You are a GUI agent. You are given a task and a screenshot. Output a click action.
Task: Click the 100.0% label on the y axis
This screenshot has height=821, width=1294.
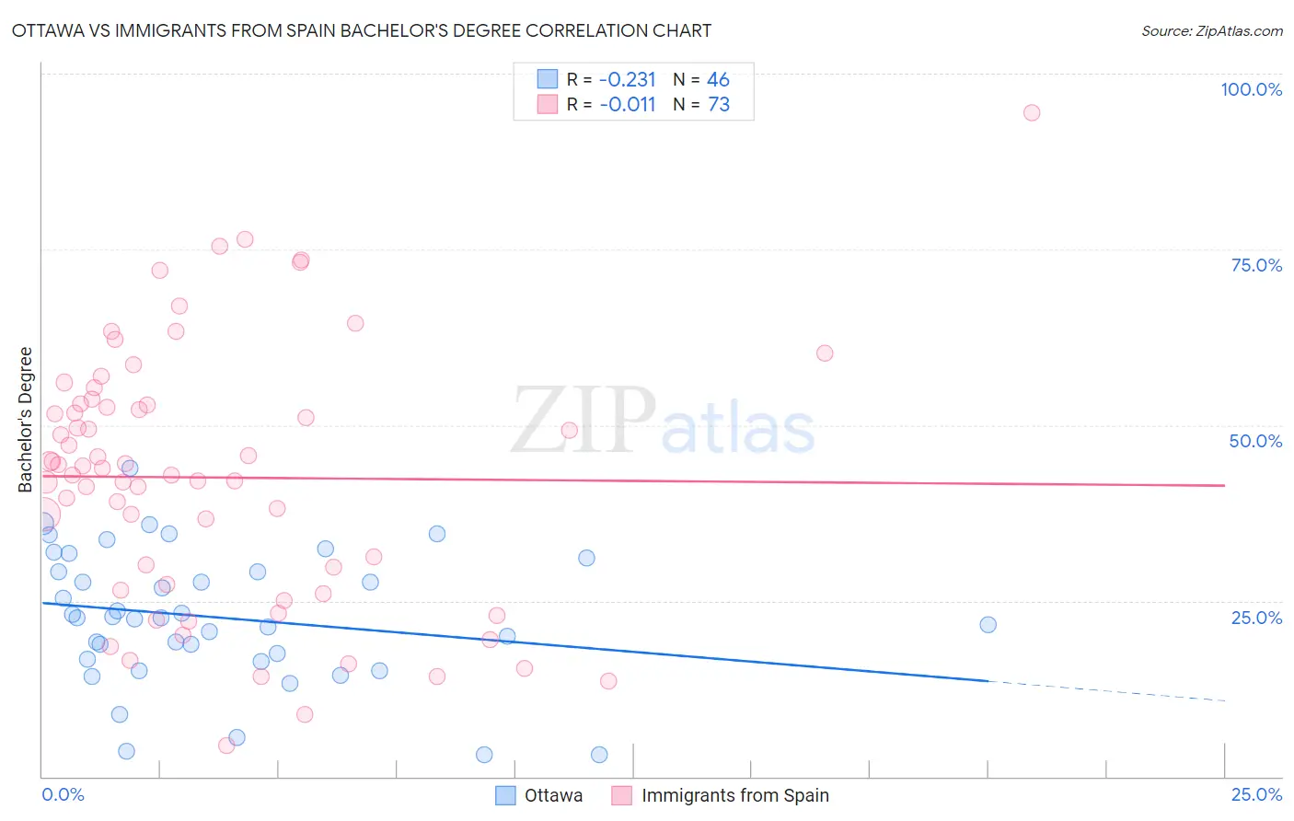(x=1251, y=89)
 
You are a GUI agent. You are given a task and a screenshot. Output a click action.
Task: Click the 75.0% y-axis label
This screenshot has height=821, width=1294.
(x=1256, y=265)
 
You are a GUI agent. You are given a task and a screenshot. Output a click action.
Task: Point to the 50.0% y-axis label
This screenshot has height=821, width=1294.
(x=1255, y=441)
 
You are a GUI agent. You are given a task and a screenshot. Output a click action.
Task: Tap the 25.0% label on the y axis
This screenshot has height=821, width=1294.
(x=1256, y=617)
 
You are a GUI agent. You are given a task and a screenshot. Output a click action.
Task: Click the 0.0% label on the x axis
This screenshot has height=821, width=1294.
(x=63, y=794)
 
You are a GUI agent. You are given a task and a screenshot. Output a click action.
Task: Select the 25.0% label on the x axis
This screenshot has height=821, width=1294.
(x=1256, y=794)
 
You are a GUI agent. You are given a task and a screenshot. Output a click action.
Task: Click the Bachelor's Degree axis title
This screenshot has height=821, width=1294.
(x=26, y=420)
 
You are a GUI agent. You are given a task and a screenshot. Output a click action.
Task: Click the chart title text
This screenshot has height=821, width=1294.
(x=362, y=30)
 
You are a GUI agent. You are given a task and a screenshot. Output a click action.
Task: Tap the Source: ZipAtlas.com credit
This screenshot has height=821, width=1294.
(x=1211, y=30)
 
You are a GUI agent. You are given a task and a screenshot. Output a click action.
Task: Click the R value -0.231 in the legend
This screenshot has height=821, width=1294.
(x=627, y=79)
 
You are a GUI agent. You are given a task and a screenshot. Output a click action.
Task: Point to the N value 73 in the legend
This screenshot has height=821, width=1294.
(x=719, y=104)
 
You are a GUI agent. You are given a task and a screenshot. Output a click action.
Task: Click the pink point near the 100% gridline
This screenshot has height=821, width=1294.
(x=1032, y=112)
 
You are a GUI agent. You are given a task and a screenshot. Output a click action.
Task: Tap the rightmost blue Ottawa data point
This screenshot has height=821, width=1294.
(x=988, y=625)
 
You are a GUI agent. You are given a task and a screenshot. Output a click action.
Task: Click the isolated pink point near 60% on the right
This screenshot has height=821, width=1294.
(x=825, y=353)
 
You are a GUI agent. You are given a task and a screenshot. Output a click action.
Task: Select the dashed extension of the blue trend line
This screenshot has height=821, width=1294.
(x=1104, y=690)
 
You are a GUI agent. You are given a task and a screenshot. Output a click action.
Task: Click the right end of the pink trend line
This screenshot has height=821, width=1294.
(x=1223, y=485)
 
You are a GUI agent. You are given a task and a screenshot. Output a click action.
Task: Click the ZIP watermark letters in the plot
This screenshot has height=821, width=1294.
(x=583, y=420)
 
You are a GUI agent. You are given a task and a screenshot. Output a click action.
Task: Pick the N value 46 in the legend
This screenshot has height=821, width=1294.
(x=718, y=79)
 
